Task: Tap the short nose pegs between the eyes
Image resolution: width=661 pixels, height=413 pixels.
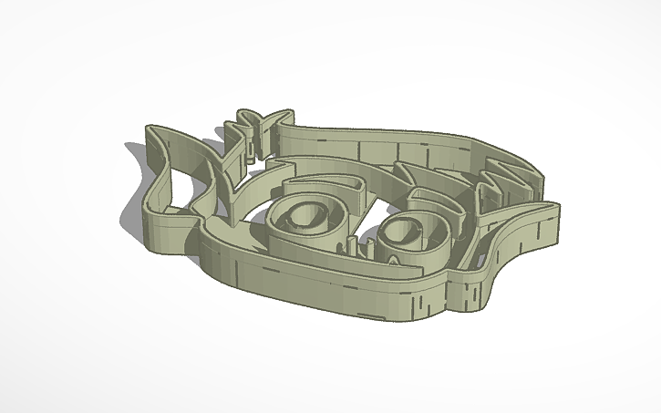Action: point(354,243)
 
